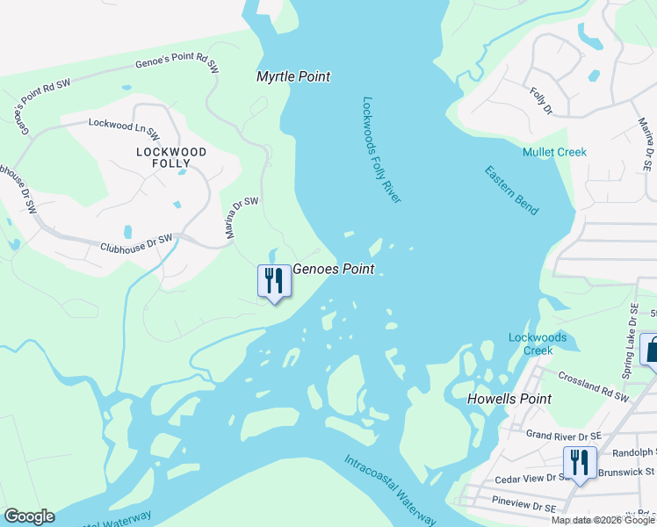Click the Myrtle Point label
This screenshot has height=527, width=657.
point(292,76)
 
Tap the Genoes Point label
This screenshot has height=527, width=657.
point(333,270)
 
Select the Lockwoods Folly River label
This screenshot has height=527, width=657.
point(381,150)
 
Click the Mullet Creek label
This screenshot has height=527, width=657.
point(554,152)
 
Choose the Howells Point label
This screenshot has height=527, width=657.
point(509,399)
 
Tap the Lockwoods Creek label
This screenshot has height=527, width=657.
point(538,343)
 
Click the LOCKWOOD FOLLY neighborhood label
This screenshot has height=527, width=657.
point(171,157)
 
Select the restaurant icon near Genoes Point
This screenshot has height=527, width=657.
point(274,282)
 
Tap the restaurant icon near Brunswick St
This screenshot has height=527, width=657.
point(580,462)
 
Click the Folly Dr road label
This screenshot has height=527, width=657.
point(540,101)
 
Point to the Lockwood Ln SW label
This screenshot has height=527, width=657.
point(124,128)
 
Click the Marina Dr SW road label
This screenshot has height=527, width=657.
point(242,218)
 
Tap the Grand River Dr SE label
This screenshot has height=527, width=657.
point(563,435)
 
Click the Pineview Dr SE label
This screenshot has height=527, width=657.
point(525,507)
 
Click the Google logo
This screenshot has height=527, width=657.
point(29,516)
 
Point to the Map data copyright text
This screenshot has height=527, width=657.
point(603,520)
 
